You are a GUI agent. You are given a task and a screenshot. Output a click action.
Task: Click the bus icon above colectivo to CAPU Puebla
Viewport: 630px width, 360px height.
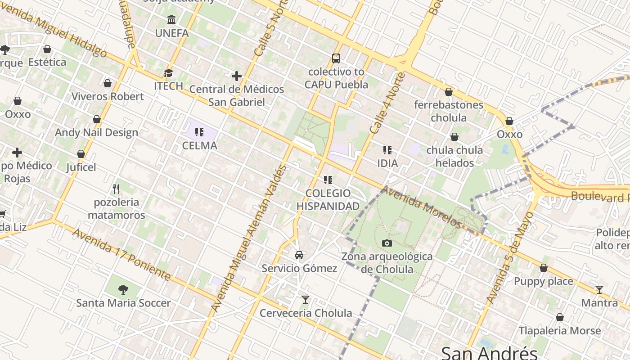coord(336,58)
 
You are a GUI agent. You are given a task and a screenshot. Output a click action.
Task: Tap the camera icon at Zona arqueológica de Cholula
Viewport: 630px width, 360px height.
coord(387,243)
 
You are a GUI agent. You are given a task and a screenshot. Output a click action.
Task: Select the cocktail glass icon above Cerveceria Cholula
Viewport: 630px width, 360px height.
coord(306,299)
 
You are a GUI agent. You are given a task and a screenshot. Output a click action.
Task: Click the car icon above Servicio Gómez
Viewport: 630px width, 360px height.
coord(299,255)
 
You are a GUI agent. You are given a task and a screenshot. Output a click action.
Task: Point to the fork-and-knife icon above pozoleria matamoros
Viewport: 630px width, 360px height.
coord(116,189)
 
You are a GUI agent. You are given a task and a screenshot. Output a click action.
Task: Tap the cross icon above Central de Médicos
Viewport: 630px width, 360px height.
coord(237,76)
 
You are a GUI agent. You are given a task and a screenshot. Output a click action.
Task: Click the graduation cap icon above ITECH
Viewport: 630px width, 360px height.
coord(168,73)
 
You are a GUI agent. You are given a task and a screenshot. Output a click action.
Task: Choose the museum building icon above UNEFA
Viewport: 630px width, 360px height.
coord(171,20)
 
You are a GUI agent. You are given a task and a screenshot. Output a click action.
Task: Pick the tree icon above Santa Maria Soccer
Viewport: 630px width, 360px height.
coord(123,289)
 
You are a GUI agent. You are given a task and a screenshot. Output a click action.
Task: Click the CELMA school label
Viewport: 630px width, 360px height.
coord(199,145)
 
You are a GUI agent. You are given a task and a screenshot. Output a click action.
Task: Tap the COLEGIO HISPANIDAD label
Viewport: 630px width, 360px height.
coord(328,200)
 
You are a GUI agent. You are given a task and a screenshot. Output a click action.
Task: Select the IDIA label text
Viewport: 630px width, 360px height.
coord(387,163)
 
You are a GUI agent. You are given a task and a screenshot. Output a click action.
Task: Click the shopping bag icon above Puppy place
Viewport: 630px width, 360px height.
coord(544,268)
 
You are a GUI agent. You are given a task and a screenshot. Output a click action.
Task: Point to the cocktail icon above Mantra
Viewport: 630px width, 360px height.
coord(599,289)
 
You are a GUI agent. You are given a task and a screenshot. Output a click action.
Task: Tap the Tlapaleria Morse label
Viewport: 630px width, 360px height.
coord(560,331)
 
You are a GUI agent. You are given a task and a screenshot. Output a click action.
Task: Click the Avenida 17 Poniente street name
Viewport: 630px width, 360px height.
coord(122,255)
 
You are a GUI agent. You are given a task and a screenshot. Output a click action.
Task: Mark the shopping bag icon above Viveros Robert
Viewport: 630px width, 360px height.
coord(108,83)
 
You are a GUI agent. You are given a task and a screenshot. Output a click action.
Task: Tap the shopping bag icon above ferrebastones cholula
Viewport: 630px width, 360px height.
coord(449,92)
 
